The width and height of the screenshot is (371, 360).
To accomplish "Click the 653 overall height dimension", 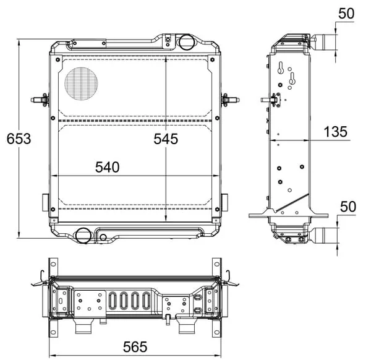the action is coord(19,139).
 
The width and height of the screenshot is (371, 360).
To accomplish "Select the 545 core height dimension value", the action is coord(166,139).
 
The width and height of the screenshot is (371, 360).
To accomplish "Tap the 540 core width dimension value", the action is coord(107,167).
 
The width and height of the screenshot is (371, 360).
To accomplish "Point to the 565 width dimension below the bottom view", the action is coord(135,347).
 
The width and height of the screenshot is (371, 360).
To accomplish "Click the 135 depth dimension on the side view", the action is coord(336,132).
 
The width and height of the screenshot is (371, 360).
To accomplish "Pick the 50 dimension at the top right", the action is coord(346,13).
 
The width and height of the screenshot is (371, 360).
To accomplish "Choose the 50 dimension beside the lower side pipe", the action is coord(348,207).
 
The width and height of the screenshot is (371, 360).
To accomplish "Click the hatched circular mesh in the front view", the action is coord(81,84).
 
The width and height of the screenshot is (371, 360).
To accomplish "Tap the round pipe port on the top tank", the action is coord(186,42).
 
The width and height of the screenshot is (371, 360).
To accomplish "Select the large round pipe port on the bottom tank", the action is coord(83,235).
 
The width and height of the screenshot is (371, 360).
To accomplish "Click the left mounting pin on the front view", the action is coord(40,100).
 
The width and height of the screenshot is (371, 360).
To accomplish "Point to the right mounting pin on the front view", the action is coord(230,100).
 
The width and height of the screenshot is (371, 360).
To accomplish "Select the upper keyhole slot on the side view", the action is coord(281,67).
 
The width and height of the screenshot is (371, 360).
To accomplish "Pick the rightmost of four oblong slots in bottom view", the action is coord(146,301).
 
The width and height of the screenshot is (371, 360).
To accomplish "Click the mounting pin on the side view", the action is coord(270,100).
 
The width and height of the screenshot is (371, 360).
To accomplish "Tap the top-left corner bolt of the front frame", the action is coord(58,59).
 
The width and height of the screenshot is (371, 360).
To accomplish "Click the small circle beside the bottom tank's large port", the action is coord(103,237).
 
